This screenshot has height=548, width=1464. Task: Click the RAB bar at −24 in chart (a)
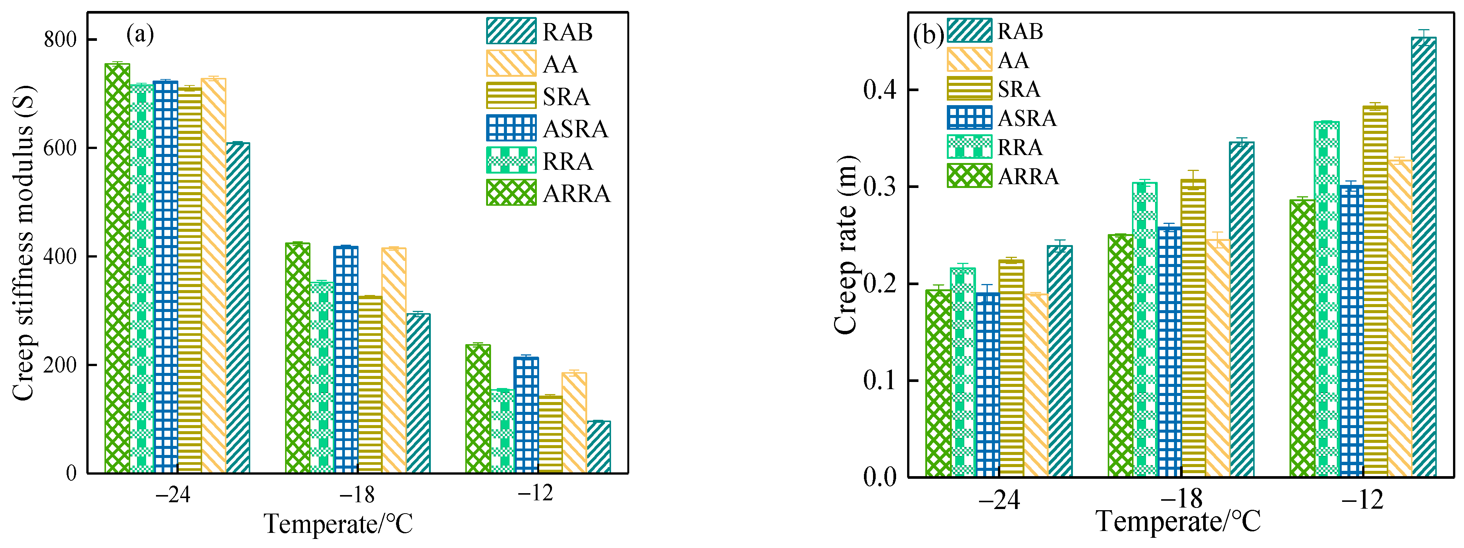237,307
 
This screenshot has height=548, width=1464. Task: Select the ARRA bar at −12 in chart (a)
477,408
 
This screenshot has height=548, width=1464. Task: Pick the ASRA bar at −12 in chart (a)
526,414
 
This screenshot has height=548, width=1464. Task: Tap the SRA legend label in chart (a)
566,96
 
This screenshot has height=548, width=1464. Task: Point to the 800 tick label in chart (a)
60,40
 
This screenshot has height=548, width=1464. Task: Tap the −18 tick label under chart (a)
357,495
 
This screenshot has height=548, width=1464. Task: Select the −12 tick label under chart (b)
1362,500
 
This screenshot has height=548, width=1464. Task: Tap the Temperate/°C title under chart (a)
339,523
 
